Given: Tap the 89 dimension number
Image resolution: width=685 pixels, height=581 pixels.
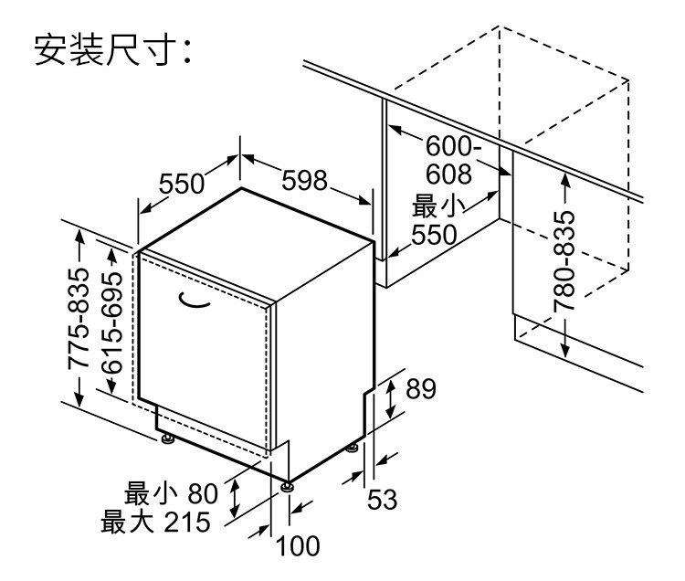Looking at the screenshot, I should pyautogui.click(x=419, y=389).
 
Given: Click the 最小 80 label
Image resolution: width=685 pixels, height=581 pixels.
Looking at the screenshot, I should pyautogui.click(x=172, y=495).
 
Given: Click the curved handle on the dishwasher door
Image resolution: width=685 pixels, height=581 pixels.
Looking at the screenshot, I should pyautogui.click(x=195, y=299).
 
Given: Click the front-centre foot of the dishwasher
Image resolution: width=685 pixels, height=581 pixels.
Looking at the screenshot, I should pyautogui.click(x=290, y=486).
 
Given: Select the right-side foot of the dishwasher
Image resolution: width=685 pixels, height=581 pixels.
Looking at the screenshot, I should pyautogui.click(x=353, y=449).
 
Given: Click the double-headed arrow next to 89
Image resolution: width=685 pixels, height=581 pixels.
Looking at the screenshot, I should pyautogui.click(x=390, y=396).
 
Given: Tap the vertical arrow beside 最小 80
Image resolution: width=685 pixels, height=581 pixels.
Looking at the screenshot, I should pyautogui.click(x=235, y=500).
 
